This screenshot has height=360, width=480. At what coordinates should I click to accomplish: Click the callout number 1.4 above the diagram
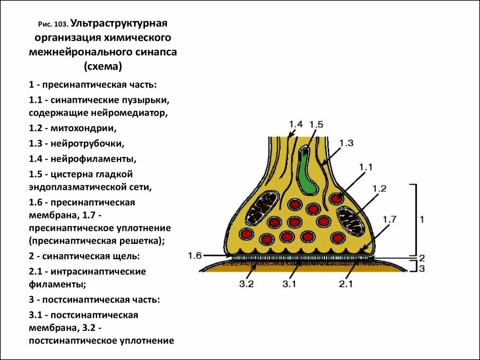coord(295,124)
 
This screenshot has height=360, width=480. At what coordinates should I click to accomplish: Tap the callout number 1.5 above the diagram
coord(316,124)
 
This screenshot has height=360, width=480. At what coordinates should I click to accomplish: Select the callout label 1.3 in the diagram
coord(346,143)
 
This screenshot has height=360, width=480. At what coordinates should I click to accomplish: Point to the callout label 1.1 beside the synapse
coord(366,166)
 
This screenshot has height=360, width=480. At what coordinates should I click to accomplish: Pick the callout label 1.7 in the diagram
coord(390,219)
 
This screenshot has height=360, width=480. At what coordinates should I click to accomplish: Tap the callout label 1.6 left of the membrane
coord(195,255)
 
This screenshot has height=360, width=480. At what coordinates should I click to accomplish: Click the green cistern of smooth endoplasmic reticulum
coord(307,173)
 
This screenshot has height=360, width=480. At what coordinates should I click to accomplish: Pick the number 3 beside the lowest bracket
coord(421,269)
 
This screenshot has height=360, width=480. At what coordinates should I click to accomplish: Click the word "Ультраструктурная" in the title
coord(120,23)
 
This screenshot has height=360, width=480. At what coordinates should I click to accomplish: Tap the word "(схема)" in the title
coord(103,67)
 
